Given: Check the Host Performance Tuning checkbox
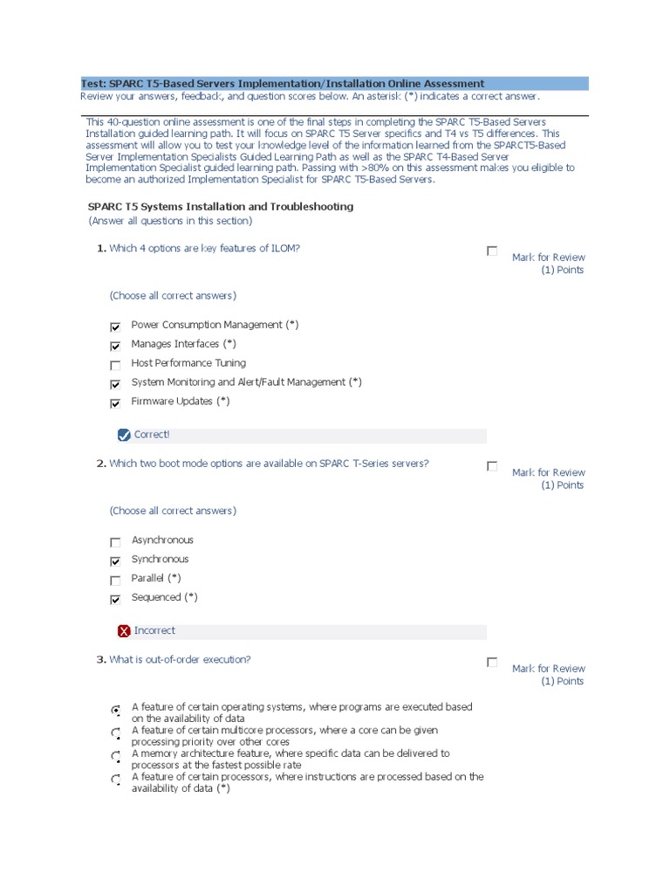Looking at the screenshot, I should click(115, 365).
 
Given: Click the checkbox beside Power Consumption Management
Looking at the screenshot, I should click(115, 327).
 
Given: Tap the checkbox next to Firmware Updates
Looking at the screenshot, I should click(115, 403).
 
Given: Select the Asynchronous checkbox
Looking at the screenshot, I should click(115, 542).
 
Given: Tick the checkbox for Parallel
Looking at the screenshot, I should click(115, 581).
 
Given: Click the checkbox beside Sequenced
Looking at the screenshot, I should click(115, 600).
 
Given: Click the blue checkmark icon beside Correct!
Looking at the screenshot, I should click(123, 435).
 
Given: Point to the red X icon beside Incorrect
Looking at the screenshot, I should click(124, 631).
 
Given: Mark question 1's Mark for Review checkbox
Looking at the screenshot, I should click(492, 251).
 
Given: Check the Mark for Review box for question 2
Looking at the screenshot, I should click(492, 466).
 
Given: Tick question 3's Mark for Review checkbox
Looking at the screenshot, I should click(492, 663).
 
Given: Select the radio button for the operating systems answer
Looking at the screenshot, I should click(116, 711).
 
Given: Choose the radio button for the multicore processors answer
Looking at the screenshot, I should click(116, 733).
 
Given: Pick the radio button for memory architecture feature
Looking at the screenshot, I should click(116, 756).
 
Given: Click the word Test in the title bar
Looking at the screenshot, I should click(92, 84).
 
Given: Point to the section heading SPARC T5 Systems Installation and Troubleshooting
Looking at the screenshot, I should click(221, 207).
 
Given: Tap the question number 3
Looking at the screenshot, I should click(100, 660).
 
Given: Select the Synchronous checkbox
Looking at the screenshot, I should click(115, 561).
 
